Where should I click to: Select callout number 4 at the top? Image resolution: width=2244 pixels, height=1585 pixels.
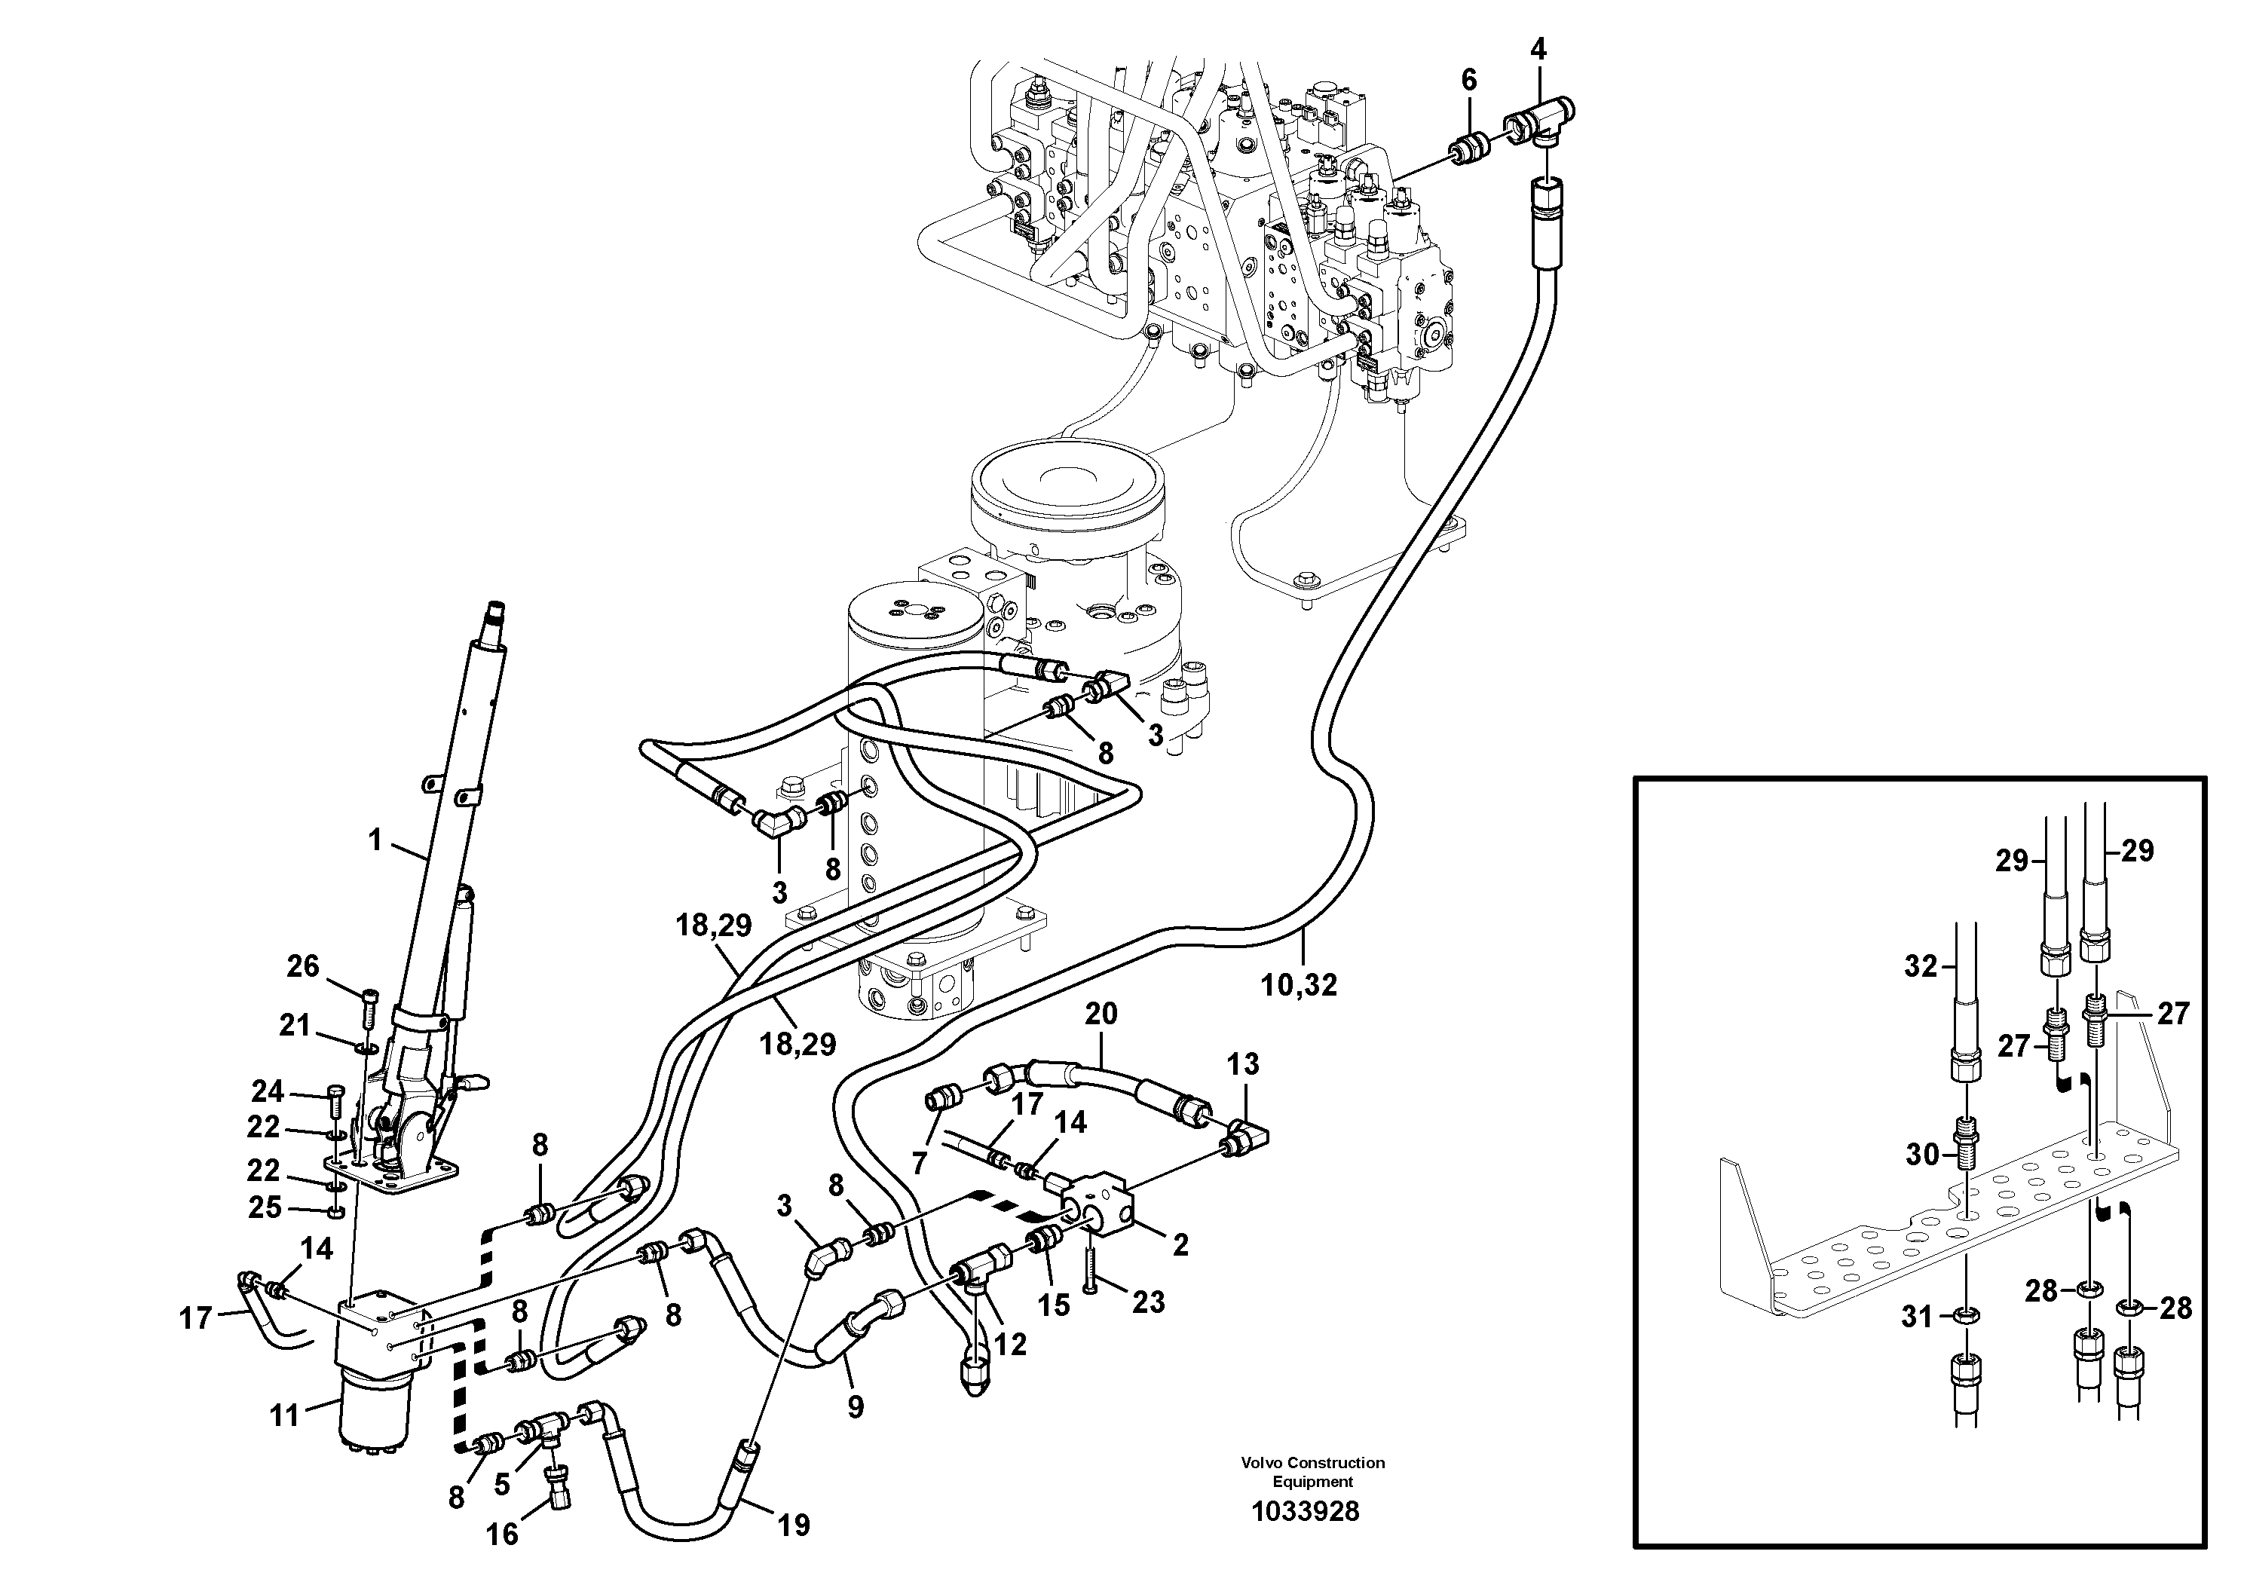(1538, 49)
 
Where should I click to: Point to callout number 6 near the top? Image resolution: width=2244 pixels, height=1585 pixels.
(1469, 80)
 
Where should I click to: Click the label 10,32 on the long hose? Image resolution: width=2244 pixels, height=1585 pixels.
(1299, 986)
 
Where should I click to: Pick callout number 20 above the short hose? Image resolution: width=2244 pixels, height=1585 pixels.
(1101, 1014)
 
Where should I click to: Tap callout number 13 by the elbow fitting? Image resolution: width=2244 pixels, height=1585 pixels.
(1243, 1063)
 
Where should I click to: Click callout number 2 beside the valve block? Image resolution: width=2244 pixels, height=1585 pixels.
(1180, 1245)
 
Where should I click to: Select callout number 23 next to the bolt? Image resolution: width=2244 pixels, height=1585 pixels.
(1149, 1302)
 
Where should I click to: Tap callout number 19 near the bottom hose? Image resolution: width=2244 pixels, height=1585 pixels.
(793, 1525)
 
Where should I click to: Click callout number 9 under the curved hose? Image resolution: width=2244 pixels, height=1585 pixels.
(856, 1407)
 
